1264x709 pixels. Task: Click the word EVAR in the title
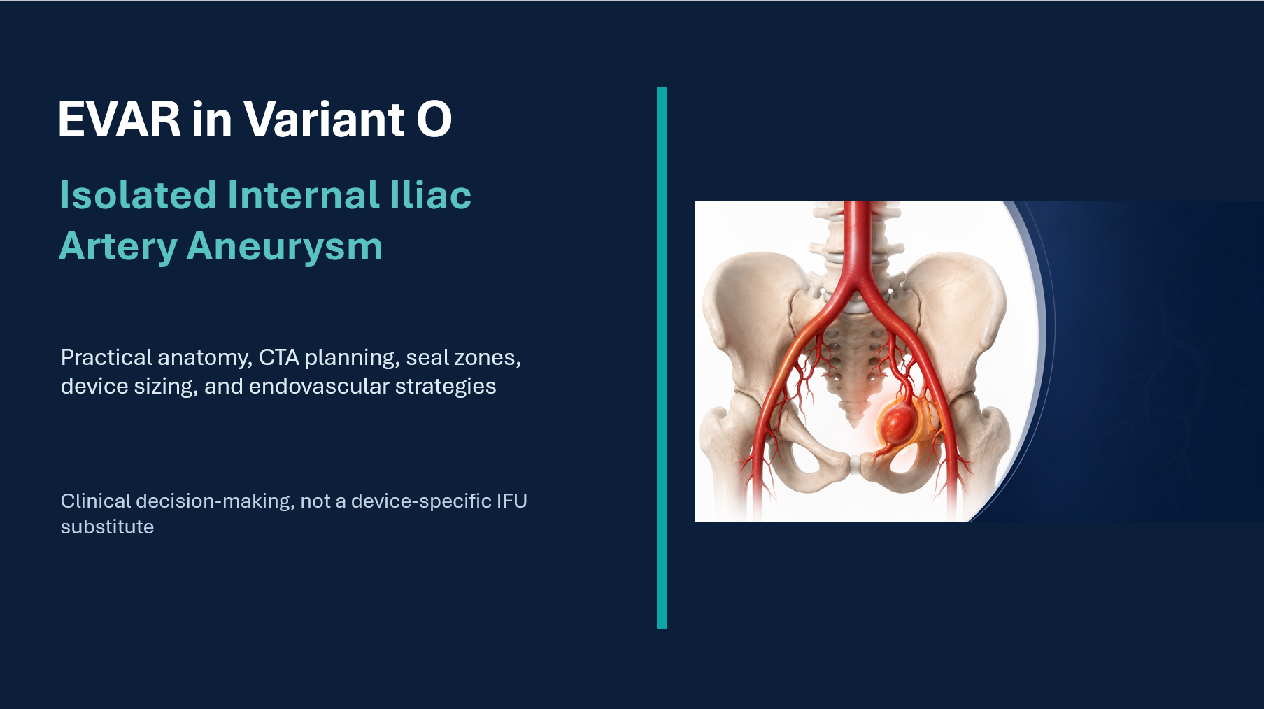(x=120, y=119)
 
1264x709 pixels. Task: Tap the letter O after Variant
(x=434, y=119)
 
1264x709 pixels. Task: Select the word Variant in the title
(x=324, y=119)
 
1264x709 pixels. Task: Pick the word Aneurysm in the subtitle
(x=285, y=248)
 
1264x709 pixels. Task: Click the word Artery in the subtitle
(x=118, y=248)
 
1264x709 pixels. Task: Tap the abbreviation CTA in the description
(x=279, y=357)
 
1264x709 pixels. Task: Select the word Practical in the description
(x=107, y=357)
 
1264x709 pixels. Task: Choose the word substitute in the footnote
(x=107, y=527)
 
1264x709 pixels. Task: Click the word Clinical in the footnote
(x=96, y=501)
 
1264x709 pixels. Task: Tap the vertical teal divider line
(x=662, y=357)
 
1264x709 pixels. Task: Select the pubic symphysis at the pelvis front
(x=855, y=464)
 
